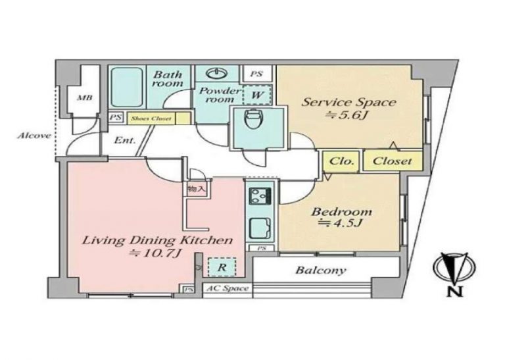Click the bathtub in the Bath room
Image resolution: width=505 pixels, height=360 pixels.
coord(127,87)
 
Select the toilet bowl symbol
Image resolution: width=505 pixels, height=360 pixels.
coord(252,120)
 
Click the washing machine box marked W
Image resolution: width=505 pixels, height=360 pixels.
coord(256,95)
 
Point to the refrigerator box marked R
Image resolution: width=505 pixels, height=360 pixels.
coord(222,267)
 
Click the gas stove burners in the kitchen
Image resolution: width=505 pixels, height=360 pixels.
coord(260,195)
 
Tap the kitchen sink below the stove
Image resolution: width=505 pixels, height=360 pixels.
coord(260,228)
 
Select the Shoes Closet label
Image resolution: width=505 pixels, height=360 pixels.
coord(151,118)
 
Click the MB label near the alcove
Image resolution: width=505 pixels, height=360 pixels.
coord(85,97)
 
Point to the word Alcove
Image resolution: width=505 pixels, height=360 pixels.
coord(34,136)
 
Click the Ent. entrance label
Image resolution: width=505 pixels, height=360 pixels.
coord(125,141)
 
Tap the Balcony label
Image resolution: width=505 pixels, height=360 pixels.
coord(321,270)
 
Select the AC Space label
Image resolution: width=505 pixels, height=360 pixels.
coord(228,288)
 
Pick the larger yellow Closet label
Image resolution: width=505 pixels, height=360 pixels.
coord(392,161)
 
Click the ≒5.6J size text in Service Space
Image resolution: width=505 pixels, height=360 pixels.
coord(347,115)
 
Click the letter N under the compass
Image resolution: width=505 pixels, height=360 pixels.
coord(455,292)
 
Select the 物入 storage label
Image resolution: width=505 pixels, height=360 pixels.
coord(196,189)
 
